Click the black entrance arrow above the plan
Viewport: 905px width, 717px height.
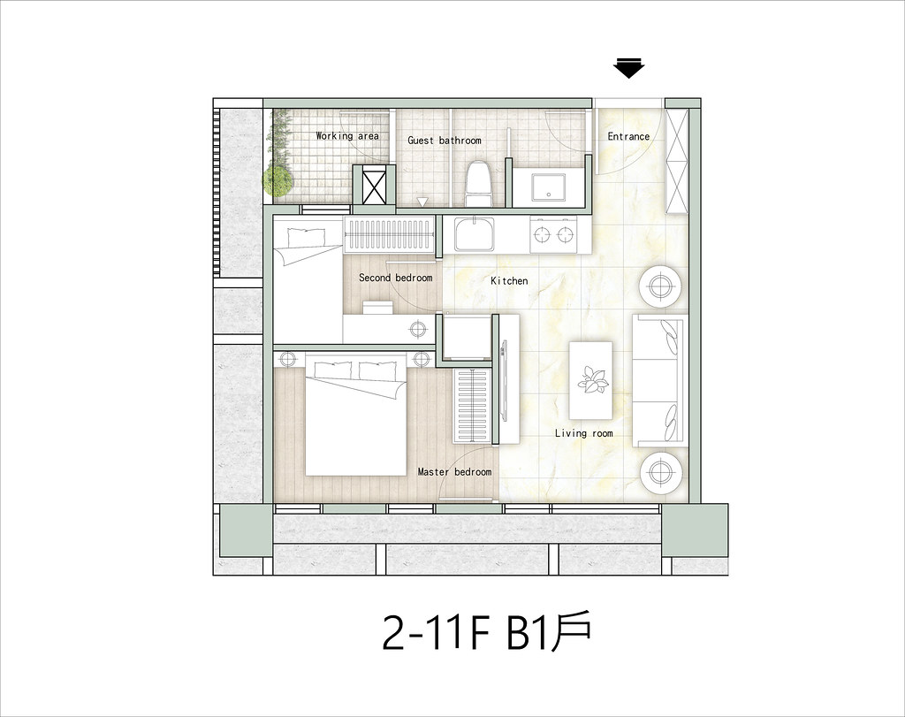click(x=628, y=69)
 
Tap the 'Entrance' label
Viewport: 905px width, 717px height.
click(x=628, y=136)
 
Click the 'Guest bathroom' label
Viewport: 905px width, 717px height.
click(x=444, y=141)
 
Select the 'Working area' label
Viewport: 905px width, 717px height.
click(x=347, y=136)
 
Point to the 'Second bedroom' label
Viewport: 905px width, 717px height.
click(x=395, y=278)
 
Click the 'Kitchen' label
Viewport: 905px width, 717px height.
click(x=509, y=281)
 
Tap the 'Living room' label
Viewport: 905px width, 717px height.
click(x=583, y=433)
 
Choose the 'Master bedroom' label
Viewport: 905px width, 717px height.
click(x=454, y=472)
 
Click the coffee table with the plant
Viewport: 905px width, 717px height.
click(x=592, y=380)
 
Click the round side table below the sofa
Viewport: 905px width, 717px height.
click(x=659, y=473)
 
